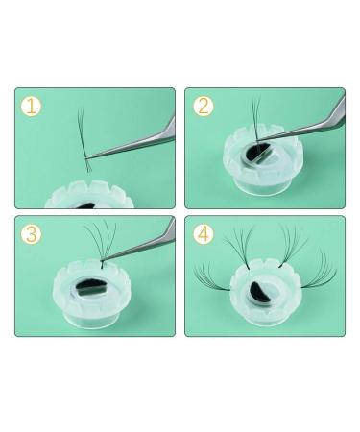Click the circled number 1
click(31, 107)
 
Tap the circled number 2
click(204, 106)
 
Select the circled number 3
click(31, 234)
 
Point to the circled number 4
click(204, 234)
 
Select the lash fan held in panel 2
click(255, 118)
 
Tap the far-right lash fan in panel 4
click(320, 272)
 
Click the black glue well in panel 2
click(255, 151)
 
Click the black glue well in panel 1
click(85, 205)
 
